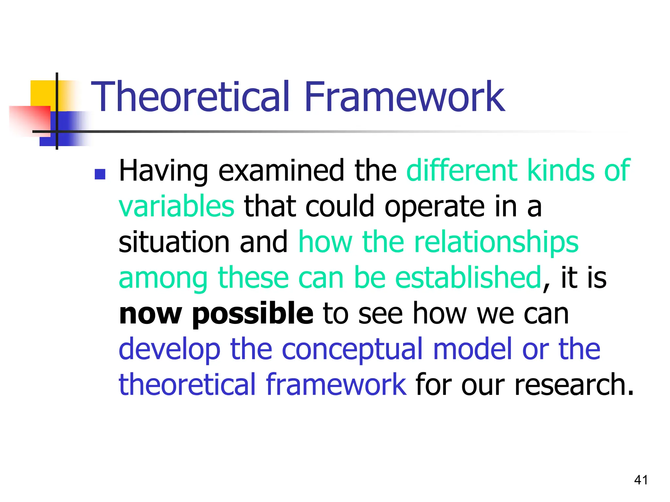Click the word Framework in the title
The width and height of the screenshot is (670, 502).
[404, 97]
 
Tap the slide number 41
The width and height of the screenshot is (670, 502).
[641, 480]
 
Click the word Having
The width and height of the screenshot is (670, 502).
[163, 171]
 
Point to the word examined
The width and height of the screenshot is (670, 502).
[281, 171]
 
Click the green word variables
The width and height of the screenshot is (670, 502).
[176, 207]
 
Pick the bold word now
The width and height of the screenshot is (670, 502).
[150, 314]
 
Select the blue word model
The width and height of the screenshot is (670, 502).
[472, 349]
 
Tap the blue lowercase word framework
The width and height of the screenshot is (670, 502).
[336, 384]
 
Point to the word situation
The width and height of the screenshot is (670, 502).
[174, 242]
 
